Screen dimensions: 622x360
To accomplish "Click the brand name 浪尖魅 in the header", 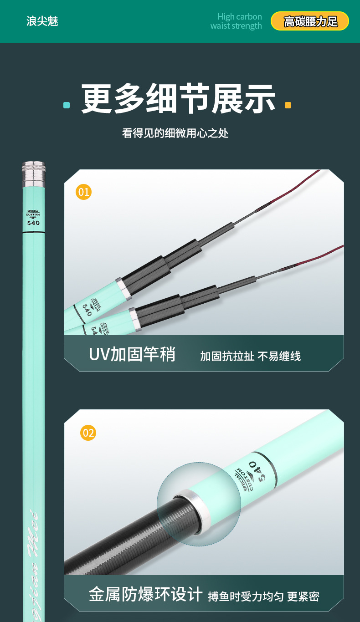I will (x=42, y=21).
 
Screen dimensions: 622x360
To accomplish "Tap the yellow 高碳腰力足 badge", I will (x=310, y=21).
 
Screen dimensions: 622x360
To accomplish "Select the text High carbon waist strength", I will (x=236, y=21).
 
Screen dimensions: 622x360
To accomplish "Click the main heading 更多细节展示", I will (x=178, y=99).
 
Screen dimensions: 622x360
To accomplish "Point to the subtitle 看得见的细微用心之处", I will (x=175, y=133).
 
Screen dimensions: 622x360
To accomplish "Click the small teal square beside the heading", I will (x=67, y=105).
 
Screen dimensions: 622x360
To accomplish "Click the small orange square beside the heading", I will (x=288, y=105).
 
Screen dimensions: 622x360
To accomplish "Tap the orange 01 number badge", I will (x=84, y=192).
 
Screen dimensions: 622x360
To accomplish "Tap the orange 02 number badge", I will (x=88, y=432).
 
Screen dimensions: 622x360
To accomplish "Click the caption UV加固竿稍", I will (x=132, y=354).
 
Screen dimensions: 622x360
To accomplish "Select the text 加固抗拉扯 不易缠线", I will (x=250, y=356).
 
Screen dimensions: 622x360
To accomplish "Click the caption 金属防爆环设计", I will (x=145, y=594).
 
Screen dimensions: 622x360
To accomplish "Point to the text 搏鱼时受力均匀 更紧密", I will (x=263, y=596).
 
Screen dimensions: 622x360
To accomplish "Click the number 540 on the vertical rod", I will (x=33, y=223).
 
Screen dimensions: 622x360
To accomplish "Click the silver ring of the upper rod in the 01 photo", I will (x=123, y=289).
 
